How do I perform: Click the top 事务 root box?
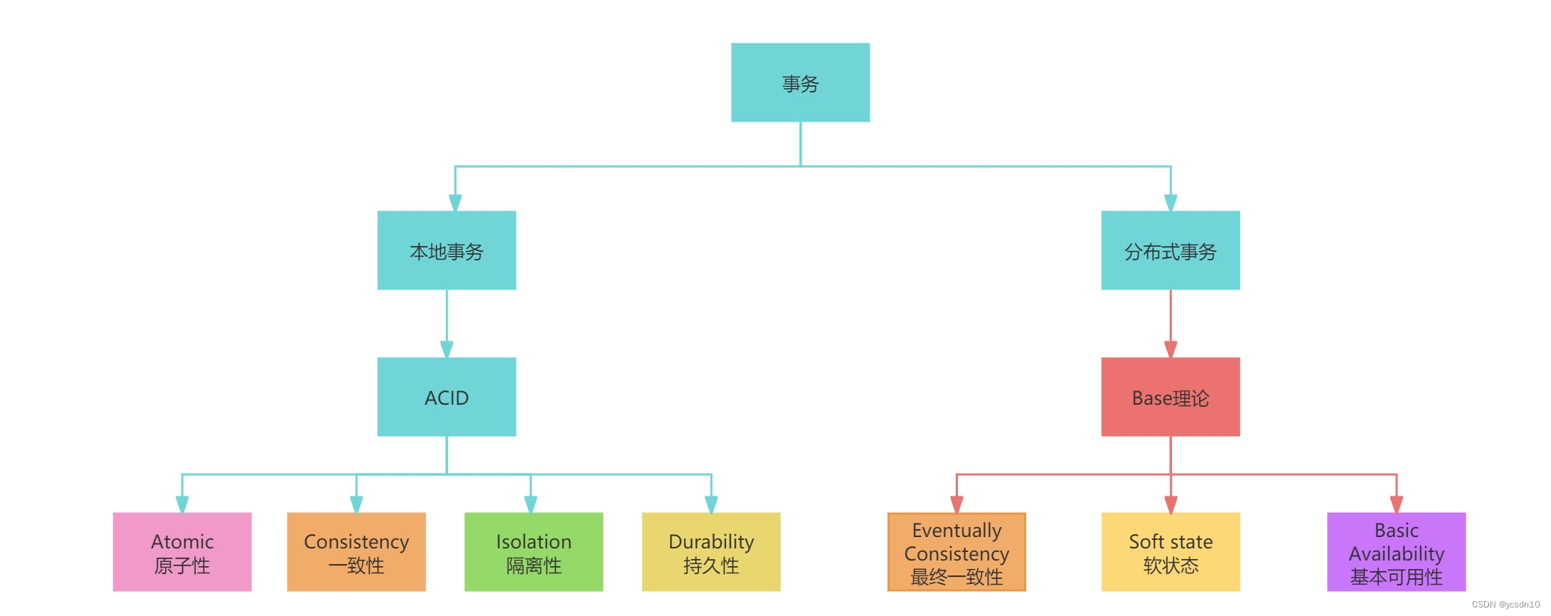pyautogui.click(x=800, y=83)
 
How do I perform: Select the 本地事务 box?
pyautogui.click(x=447, y=250)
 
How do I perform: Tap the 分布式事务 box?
pyautogui.click(x=1170, y=250)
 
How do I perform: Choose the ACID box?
pyautogui.click(x=447, y=397)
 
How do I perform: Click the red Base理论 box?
pyautogui.click(x=1170, y=397)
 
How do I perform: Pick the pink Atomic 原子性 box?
pyautogui.click(x=182, y=552)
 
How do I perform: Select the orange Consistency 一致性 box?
pyautogui.click(x=356, y=552)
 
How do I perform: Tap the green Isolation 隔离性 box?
pyautogui.click(x=533, y=552)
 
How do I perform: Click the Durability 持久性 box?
pyautogui.click(x=711, y=552)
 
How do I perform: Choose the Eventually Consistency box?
pyautogui.click(x=956, y=552)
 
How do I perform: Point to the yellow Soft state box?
pyautogui.click(x=1171, y=552)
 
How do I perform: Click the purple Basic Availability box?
pyautogui.click(x=1396, y=552)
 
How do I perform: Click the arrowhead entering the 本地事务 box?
pyautogui.click(x=455, y=203)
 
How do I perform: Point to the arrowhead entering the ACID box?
pyautogui.click(x=447, y=349)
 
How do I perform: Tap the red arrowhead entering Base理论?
pyautogui.click(x=1171, y=349)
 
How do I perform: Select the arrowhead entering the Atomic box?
pyautogui.click(x=182, y=504)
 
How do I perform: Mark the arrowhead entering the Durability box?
pyautogui.click(x=711, y=504)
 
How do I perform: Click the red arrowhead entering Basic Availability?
pyautogui.click(x=1397, y=504)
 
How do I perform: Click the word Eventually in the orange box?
pyautogui.click(x=956, y=531)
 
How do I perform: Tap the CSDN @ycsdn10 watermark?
pyautogui.click(x=1505, y=605)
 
